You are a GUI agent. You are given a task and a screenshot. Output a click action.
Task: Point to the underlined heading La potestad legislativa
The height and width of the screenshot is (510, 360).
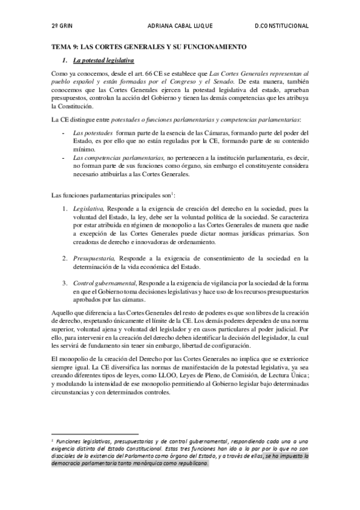pos(103,61)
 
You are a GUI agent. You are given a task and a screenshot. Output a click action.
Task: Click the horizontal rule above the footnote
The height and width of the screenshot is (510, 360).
pos(96,433)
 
